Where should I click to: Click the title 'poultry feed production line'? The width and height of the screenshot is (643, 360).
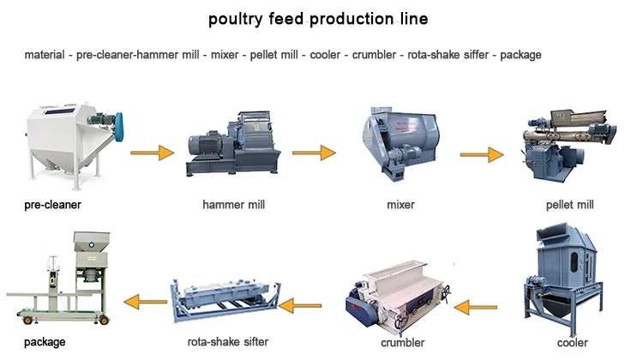[x=321, y=19]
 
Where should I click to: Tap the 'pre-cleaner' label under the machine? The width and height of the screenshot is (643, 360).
[x=52, y=205]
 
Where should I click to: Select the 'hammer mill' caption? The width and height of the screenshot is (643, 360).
[x=233, y=205]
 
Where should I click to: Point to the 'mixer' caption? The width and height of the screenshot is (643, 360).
[x=400, y=205]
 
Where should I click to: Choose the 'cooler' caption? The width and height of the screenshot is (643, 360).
[x=572, y=343]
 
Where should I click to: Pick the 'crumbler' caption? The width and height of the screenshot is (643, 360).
[x=402, y=343]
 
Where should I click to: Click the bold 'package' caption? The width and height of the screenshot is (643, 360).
[x=45, y=343]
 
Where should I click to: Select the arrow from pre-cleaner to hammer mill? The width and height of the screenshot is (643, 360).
[x=151, y=153]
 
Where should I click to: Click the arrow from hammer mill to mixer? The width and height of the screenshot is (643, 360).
[x=313, y=153]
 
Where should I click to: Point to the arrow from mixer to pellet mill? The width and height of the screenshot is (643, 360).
[x=481, y=155]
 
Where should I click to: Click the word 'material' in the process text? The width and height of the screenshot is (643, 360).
[x=45, y=55]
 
